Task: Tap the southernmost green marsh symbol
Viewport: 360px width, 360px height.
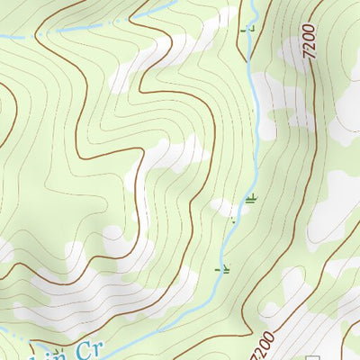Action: (x=223, y=268)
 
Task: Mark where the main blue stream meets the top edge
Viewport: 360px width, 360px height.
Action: (x=256, y=3)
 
